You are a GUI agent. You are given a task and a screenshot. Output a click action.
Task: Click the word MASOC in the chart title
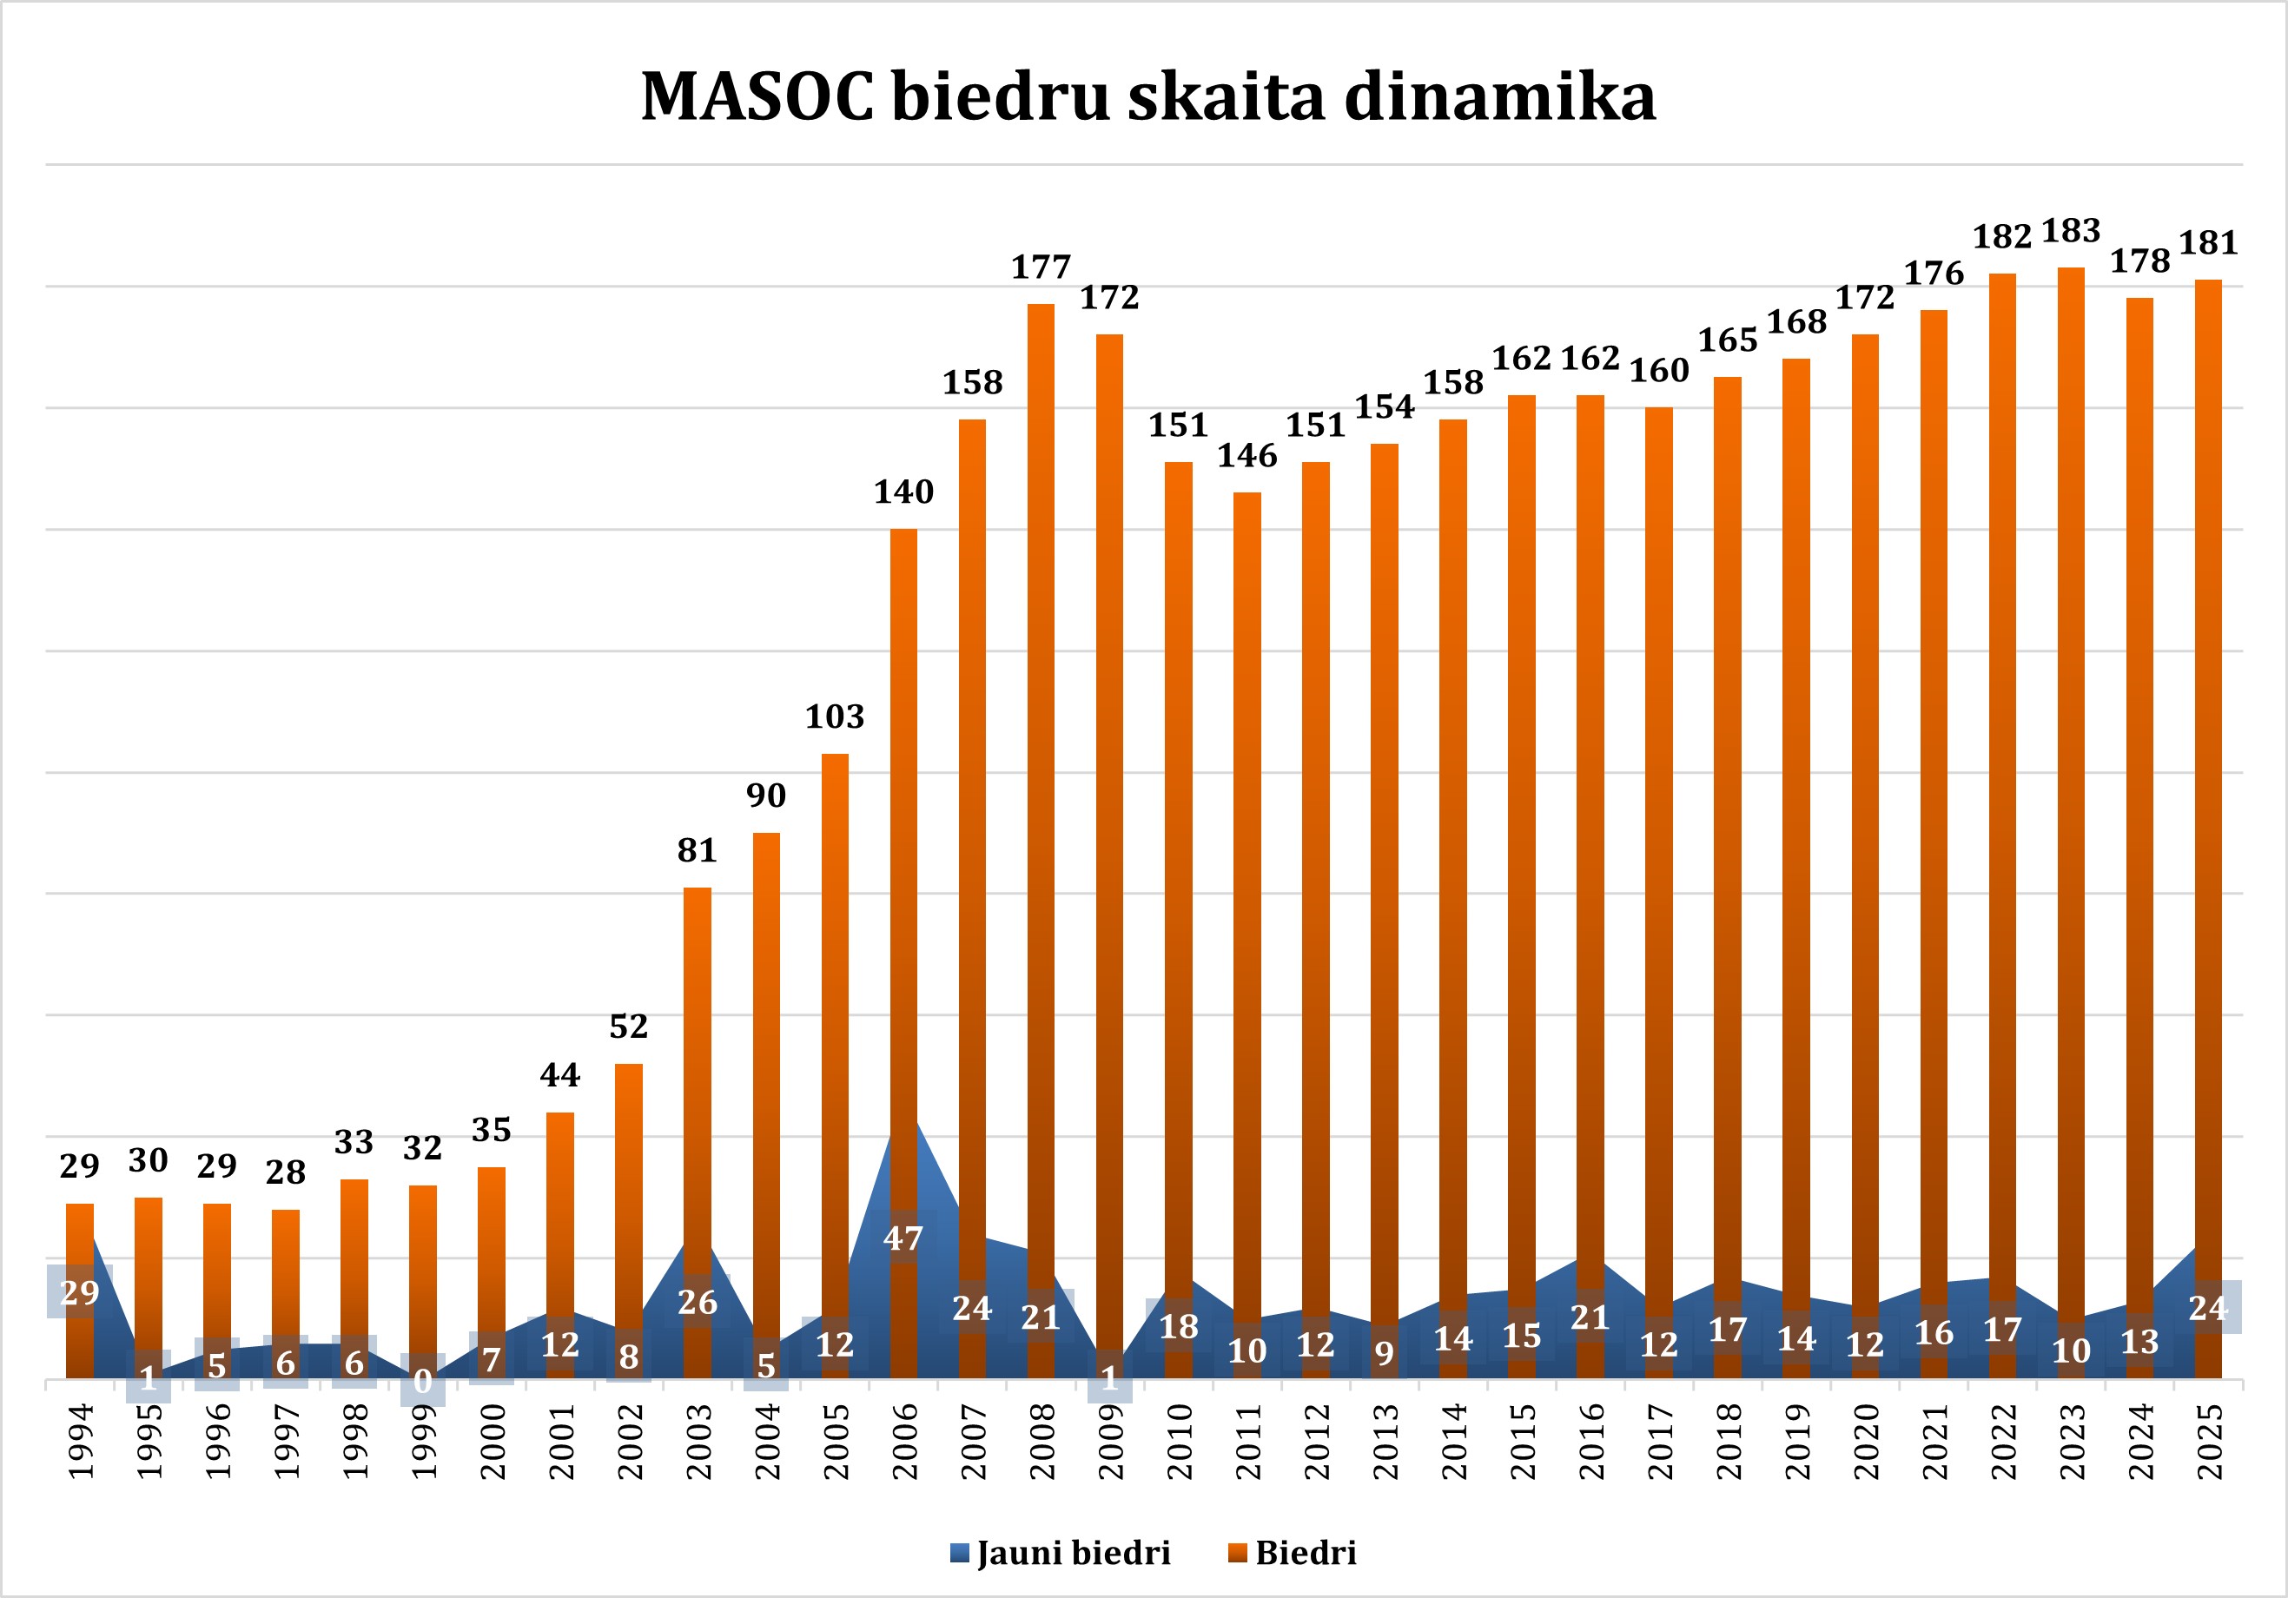tap(757, 97)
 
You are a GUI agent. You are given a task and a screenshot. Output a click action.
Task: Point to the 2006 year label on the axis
tap(904, 1441)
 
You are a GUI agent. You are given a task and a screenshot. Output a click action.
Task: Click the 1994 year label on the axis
tap(80, 1441)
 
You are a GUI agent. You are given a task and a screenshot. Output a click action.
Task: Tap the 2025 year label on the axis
tap(2208, 1441)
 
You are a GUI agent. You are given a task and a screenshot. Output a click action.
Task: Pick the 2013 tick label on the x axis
tap(1384, 1441)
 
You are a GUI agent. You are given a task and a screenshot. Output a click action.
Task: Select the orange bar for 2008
tap(1041, 797)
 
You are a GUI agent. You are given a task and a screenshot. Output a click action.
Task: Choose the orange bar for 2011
tap(1246, 896)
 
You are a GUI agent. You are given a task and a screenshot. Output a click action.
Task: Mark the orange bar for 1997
tap(285, 1285)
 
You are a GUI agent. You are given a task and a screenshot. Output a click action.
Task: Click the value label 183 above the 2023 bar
tap(2071, 231)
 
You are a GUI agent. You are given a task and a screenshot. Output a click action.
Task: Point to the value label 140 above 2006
tap(904, 492)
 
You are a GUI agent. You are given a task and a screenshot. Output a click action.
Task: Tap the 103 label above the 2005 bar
tap(835, 717)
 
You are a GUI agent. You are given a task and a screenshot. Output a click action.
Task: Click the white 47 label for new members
tap(904, 1239)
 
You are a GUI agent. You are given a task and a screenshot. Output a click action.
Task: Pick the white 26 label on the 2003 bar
tap(698, 1302)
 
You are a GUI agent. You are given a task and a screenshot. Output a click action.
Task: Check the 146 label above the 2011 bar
tap(1246, 456)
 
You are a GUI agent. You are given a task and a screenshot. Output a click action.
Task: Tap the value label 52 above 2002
tap(629, 1027)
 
